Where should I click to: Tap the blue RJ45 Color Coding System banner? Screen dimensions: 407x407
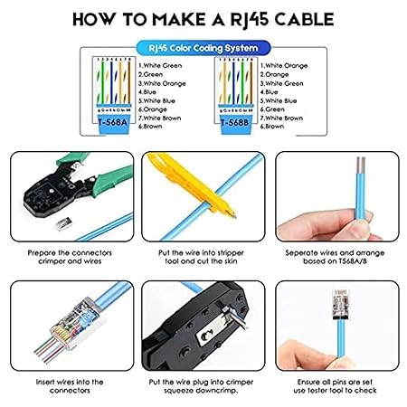click(203, 46)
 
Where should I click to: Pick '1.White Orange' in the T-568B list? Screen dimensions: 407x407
click(283, 65)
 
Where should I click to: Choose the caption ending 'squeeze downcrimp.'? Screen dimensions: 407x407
click(203, 386)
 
